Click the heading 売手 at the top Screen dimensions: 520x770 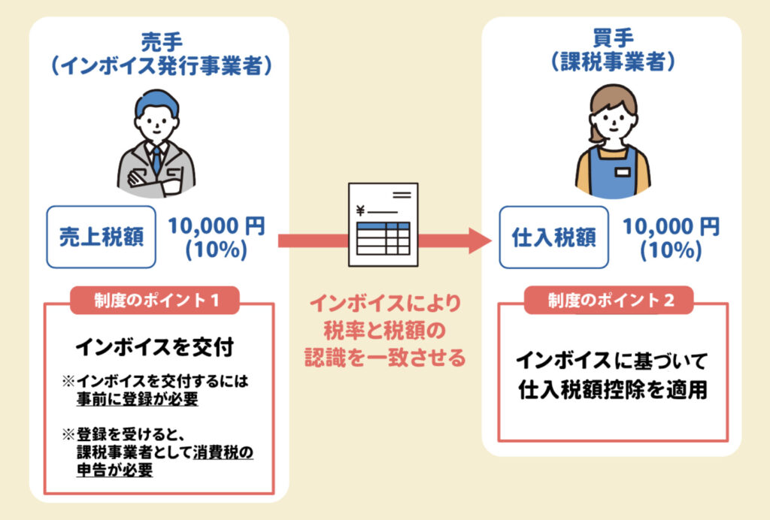[x=159, y=41]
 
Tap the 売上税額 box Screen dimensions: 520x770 [x=102, y=237]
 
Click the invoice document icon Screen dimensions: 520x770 [x=382, y=225]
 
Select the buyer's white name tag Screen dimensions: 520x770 [x=622, y=171]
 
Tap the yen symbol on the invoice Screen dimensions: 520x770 [x=360, y=210]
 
